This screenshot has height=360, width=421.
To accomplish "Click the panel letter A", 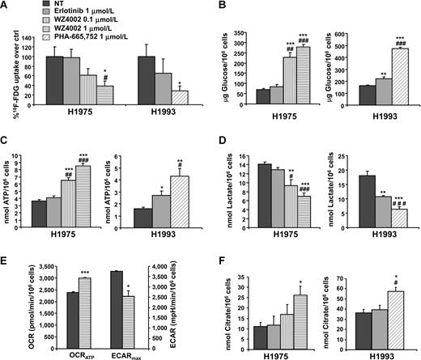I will click(6, 6).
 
